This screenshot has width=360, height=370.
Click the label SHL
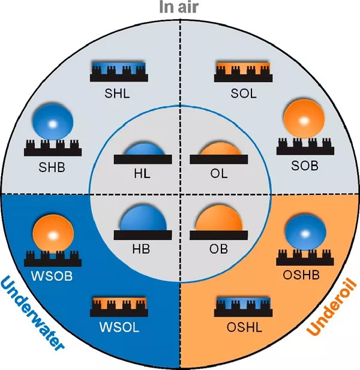[117, 93]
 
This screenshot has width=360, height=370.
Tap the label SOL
[244, 94]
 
